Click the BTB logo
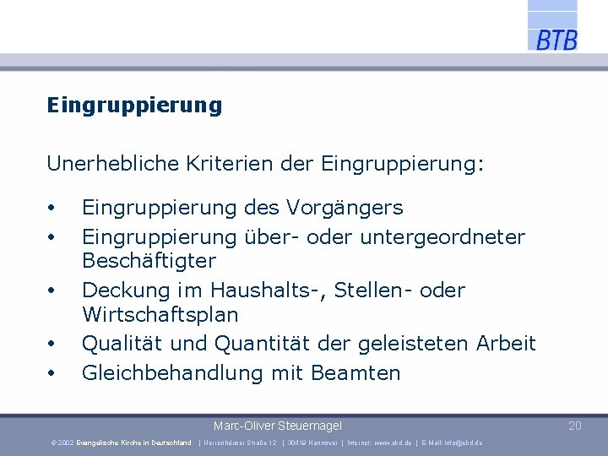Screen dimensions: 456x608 coord(556,39)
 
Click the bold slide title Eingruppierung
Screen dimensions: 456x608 coord(134,106)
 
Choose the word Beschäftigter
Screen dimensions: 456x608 coord(149,260)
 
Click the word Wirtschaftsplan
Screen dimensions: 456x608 coord(160,315)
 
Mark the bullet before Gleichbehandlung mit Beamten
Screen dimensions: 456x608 coord(52,373)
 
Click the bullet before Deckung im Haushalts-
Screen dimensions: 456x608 coord(52,291)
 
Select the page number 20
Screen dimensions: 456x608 coord(575,426)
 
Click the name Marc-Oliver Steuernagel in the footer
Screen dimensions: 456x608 coord(278,426)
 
